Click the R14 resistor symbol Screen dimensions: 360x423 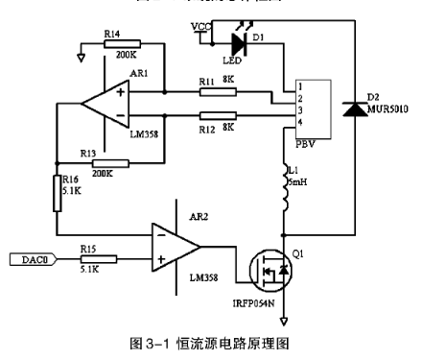pyautogui.click(x=122, y=43)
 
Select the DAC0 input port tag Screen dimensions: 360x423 pyautogui.click(x=31, y=259)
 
